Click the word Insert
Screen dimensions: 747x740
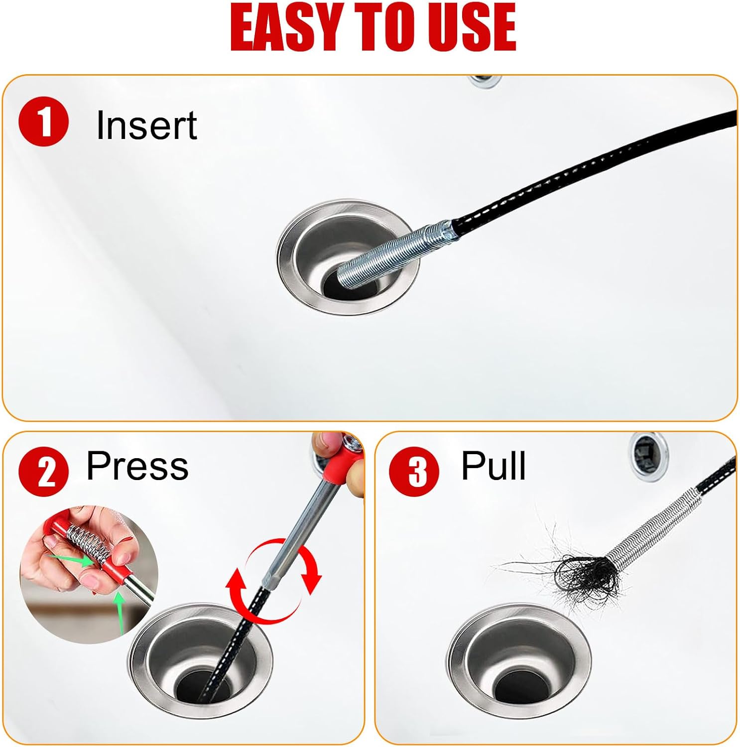146,125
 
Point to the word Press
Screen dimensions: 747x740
137,466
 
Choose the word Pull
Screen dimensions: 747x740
493,466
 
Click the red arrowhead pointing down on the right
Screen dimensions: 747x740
312,583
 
